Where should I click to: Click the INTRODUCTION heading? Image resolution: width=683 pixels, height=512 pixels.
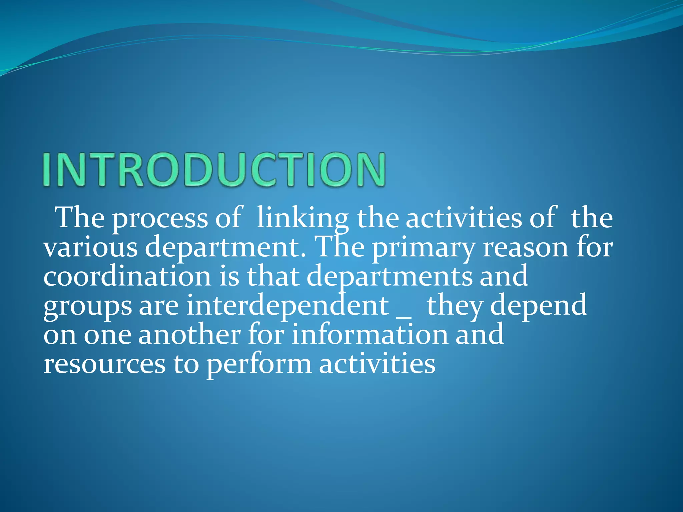point(214,169)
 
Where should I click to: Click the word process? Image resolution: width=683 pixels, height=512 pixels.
point(159,219)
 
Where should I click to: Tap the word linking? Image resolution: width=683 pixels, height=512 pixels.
point(302,219)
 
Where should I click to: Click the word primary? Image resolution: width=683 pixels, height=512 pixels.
point(423,249)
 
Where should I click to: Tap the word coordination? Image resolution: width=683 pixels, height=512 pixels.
point(127,277)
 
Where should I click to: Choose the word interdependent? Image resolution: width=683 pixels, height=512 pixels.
point(287,306)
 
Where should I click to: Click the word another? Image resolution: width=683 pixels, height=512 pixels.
point(189,335)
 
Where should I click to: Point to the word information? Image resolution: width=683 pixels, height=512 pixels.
point(370,335)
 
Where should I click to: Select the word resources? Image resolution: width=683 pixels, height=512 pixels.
point(104,364)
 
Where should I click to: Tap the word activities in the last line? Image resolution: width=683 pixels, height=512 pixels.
point(377,364)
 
